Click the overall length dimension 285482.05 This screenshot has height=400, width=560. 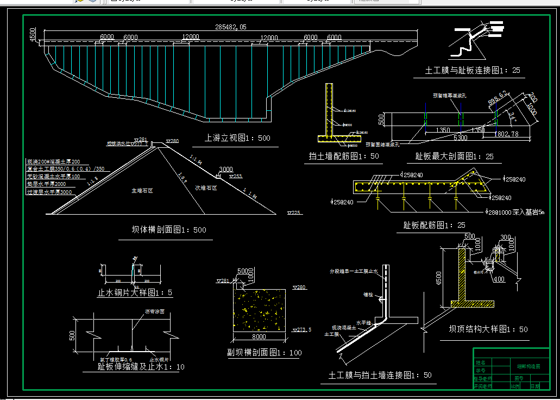pyautogui.click(x=230, y=27)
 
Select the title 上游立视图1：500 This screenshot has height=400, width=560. pyautogui.click(x=237, y=138)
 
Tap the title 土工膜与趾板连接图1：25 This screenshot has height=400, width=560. pyautogui.click(x=473, y=71)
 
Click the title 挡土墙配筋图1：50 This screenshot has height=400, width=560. pyautogui.click(x=344, y=157)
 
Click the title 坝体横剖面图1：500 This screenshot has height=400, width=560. pyautogui.click(x=169, y=229)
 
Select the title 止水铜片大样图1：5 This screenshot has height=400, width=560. pyautogui.click(x=135, y=292)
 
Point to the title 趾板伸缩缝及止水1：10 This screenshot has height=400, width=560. pyautogui.click(x=134, y=367)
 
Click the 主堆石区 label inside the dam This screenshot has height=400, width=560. pyautogui.click(x=142, y=191)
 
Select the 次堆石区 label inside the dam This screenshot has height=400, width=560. pyautogui.click(x=206, y=187)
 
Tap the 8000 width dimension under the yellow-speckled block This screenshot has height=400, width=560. pyautogui.click(x=260, y=336)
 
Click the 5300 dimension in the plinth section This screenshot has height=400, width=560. pyautogui.click(x=461, y=138)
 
